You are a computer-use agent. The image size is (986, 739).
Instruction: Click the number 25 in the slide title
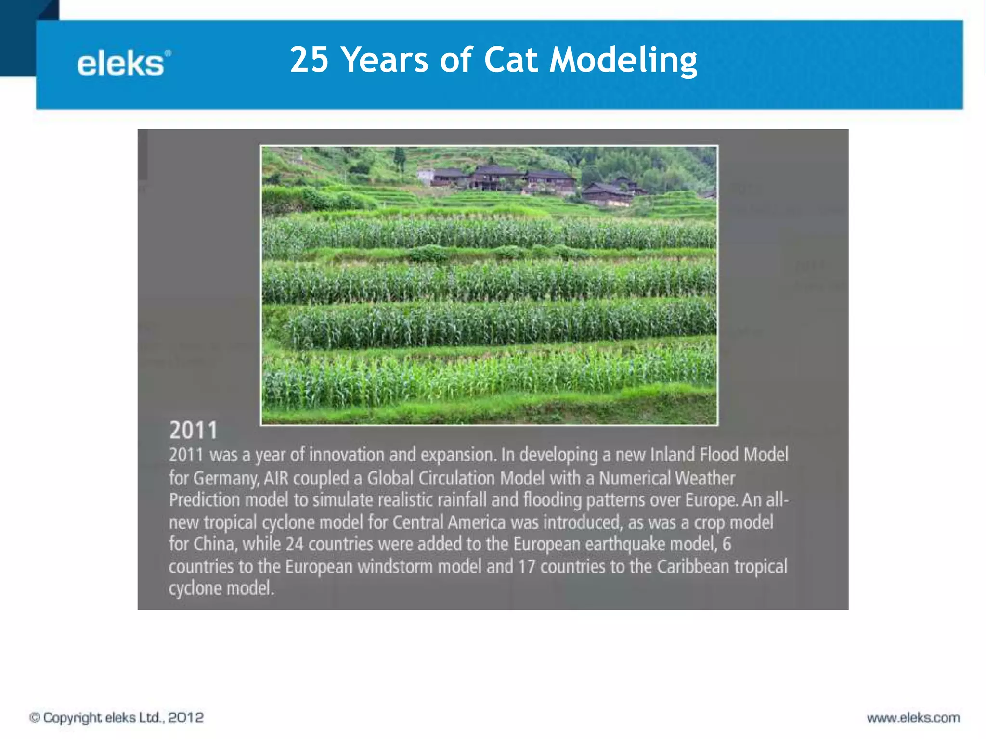(x=309, y=60)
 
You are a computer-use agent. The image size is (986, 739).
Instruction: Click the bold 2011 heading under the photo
(x=193, y=430)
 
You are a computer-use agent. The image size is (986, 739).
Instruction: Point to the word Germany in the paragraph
(x=225, y=478)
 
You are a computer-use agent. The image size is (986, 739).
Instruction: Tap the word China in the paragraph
(x=215, y=544)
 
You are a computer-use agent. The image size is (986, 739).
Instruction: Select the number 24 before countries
(x=294, y=544)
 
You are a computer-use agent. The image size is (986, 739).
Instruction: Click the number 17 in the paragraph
(x=527, y=566)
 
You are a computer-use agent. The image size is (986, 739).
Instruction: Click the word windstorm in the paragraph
(x=395, y=566)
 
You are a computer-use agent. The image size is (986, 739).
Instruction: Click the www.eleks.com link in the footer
(x=913, y=718)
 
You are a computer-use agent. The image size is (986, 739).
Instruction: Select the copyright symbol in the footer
(x=35, y=718)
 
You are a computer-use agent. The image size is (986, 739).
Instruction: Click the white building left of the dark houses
(x=425, y=176)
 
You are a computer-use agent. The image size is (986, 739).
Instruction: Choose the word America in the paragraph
(x=476, y=522)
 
